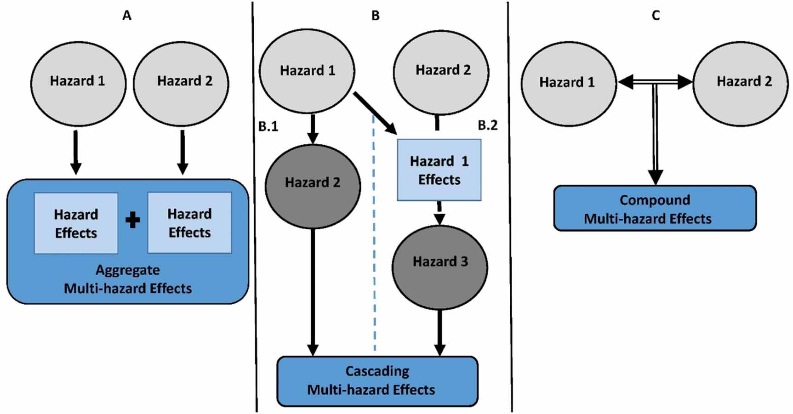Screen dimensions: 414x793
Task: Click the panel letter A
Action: [127, 16]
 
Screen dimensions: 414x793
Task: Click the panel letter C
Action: [656, 16]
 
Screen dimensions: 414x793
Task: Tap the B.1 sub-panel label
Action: [268, 126]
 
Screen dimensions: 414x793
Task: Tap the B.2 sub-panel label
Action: [487, 125]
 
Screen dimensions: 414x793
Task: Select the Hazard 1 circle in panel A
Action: [78, 84]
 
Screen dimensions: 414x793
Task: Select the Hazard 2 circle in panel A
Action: [181, 84]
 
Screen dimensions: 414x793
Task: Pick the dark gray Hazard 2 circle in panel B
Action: [313, 186]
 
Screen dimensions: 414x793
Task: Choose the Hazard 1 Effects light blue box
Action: [439, 170]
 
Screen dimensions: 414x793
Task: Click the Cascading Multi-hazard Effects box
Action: [377, 381]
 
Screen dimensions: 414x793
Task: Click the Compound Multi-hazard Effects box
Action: [655, 209]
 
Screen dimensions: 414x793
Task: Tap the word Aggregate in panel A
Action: [128, 270]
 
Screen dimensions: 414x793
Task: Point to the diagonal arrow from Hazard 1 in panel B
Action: [375, 113]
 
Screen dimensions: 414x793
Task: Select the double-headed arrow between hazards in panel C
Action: [655, 82]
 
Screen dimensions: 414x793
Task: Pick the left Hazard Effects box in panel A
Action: [76, 223]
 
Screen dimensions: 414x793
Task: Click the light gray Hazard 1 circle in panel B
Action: [307, 71]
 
